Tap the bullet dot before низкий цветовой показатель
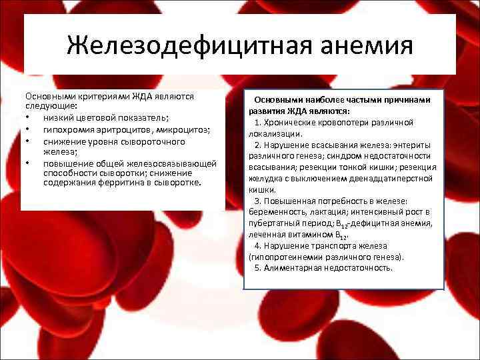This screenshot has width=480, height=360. coord(28,119)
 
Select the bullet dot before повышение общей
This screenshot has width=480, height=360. coord(28,161)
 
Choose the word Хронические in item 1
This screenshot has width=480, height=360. coord(293,123)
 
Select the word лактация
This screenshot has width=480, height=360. coord(327,213)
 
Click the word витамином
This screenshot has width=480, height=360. coord(305,235)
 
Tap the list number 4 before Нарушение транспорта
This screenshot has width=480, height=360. coord(257,246)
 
